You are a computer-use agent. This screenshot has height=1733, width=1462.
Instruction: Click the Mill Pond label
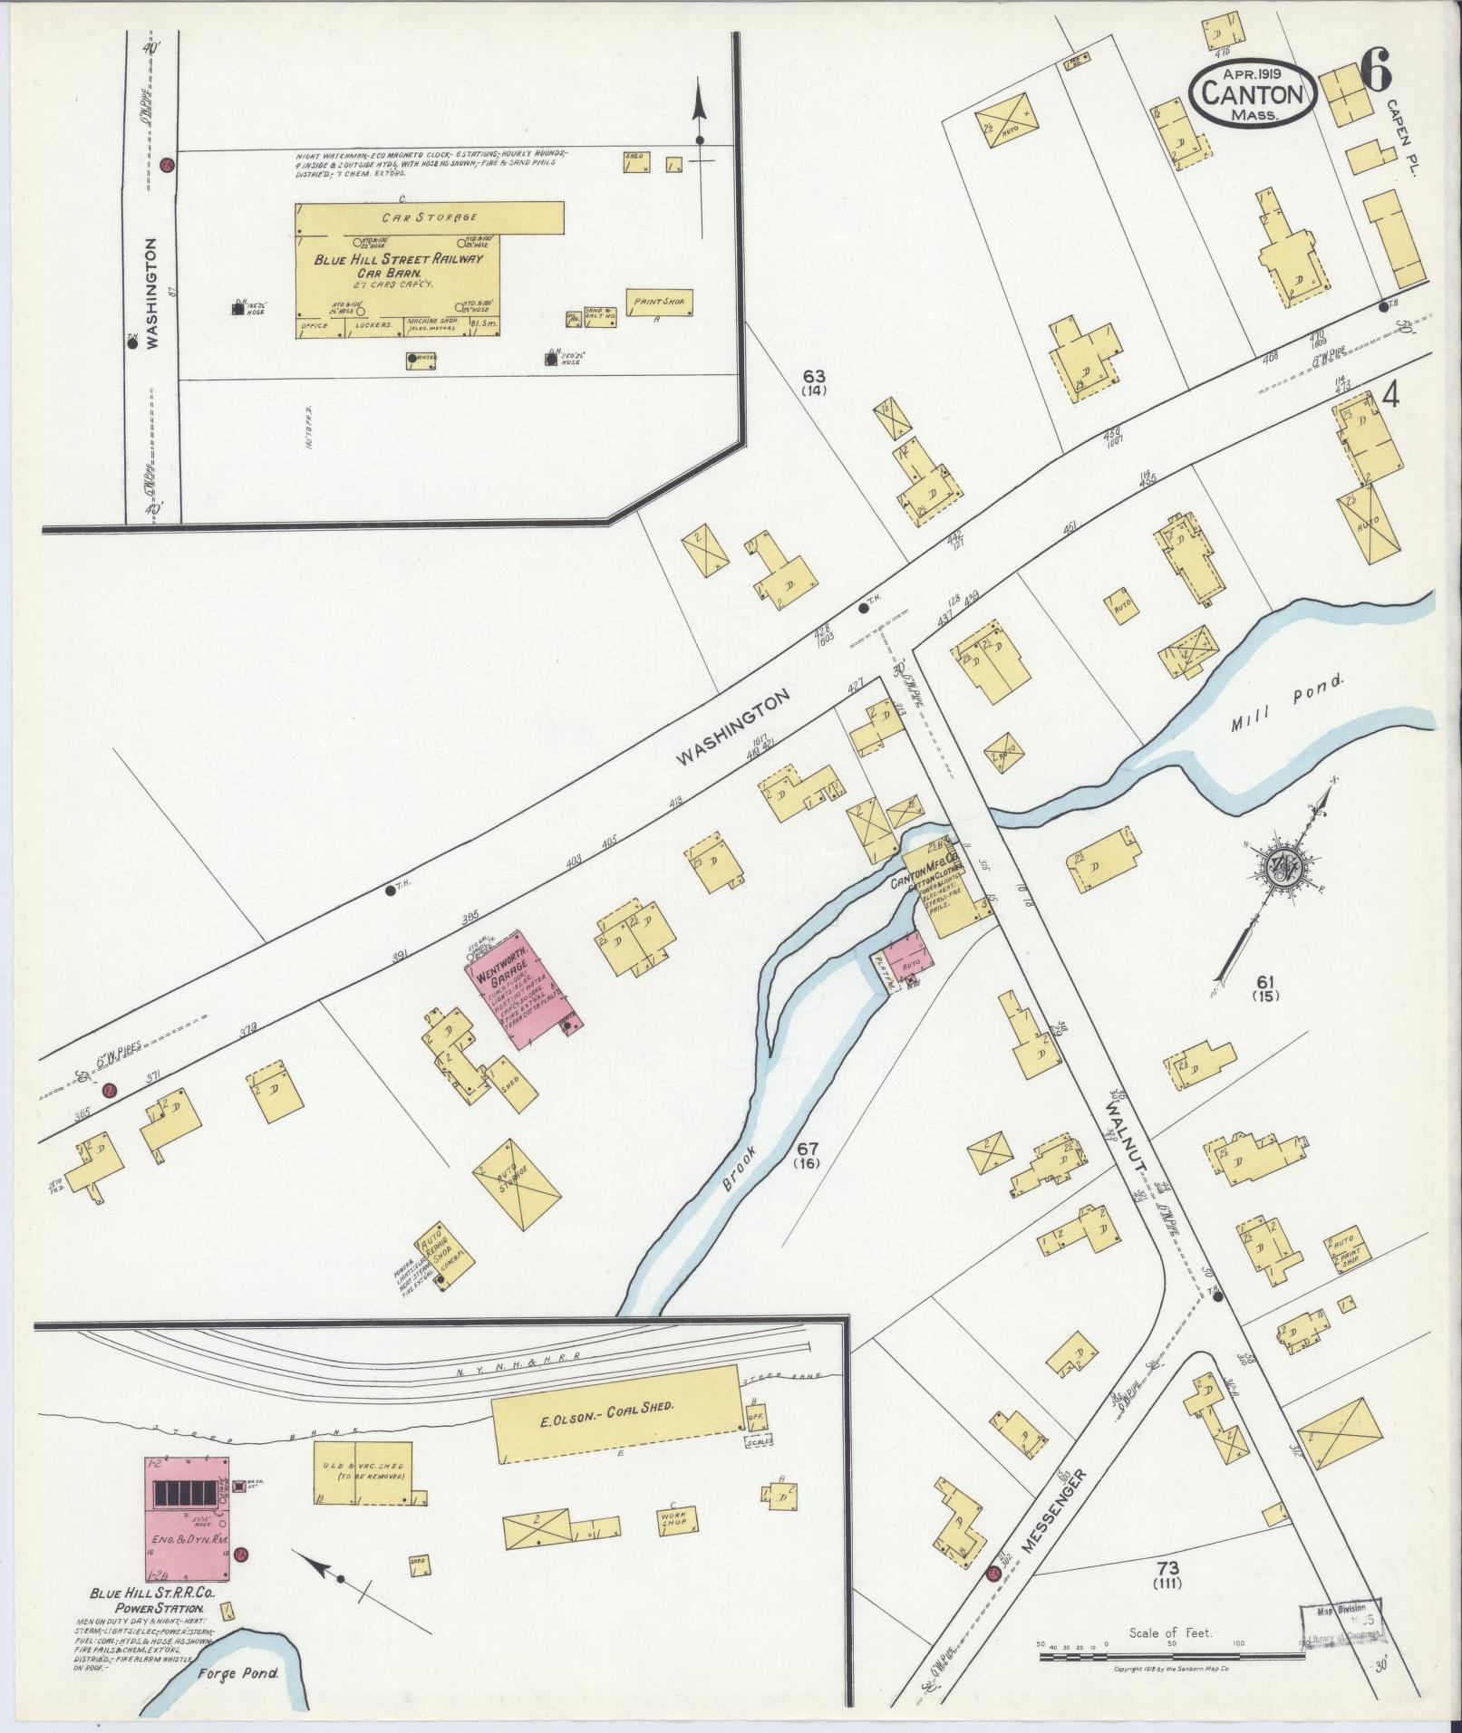(1284, 715)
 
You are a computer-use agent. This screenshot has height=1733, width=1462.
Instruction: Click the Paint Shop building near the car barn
(659, 302)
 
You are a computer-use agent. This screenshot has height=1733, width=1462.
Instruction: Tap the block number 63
(815, 375)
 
